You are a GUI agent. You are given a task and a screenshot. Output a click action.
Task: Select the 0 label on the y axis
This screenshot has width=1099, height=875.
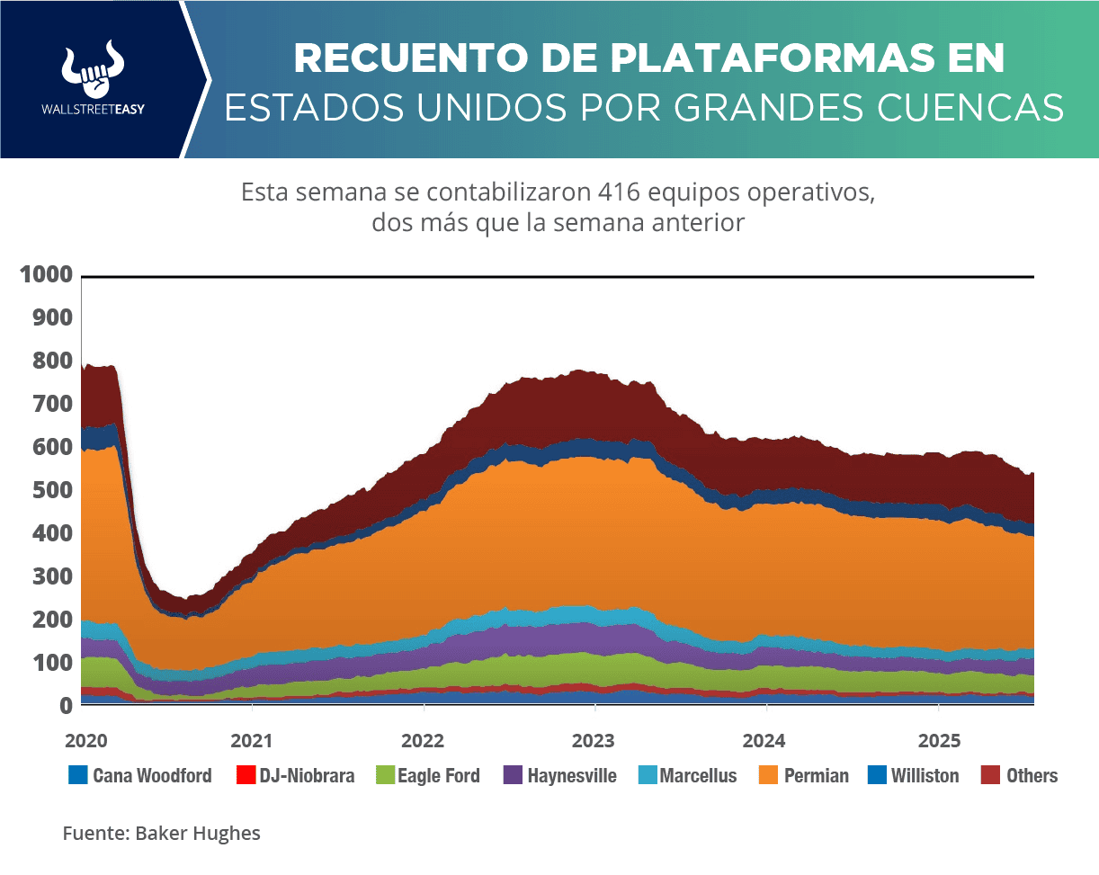click(x=66, y=706)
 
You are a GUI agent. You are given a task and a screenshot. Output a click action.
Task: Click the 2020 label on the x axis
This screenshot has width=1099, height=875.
click(x=85, y=741)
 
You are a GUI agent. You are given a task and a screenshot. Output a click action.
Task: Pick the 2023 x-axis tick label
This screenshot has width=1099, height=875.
click(x=594, y=741)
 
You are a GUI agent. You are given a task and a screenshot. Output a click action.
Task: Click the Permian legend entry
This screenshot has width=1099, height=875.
click(x=816, y=775)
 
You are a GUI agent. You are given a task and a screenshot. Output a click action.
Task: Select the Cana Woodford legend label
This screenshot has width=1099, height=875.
click(x=152, y=775)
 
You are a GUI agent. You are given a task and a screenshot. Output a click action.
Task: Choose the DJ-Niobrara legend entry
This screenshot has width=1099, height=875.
click(x=307, y=775)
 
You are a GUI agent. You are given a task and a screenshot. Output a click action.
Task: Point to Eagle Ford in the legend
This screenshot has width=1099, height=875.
click(x=438, y=775)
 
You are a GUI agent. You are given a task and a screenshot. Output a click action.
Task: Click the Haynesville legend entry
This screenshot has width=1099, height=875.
click(x=572, y=775)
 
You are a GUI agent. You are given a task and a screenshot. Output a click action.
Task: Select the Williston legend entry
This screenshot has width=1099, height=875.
click(x=925, y=775)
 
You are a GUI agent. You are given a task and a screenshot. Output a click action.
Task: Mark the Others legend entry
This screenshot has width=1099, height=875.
click(x=1032, y=775)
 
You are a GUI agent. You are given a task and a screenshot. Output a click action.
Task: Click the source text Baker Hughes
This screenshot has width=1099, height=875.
click(x=198, y=833)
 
